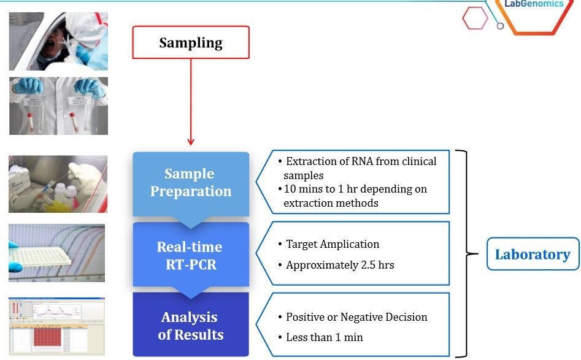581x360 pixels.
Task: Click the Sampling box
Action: click(191, 42)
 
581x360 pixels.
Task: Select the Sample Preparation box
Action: click(191, 183)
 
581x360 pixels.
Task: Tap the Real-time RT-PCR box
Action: click(191, 255)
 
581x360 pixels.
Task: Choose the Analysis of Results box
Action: click(191, 326)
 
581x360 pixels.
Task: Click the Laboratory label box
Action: click(533, 254)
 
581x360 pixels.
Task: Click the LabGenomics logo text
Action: click(533, 4)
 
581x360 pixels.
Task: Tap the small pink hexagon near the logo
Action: click(475, 18)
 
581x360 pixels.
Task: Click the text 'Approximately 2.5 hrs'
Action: click(340, 266)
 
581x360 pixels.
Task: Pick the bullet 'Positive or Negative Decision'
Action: click(356, 317)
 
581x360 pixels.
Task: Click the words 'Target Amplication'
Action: click(333, 244)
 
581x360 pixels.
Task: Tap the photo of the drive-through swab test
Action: click(58, 41)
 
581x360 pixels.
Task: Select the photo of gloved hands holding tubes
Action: click(58, 105)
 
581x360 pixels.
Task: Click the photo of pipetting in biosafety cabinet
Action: click(58, 184)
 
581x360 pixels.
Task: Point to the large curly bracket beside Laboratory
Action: click(471, 253)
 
